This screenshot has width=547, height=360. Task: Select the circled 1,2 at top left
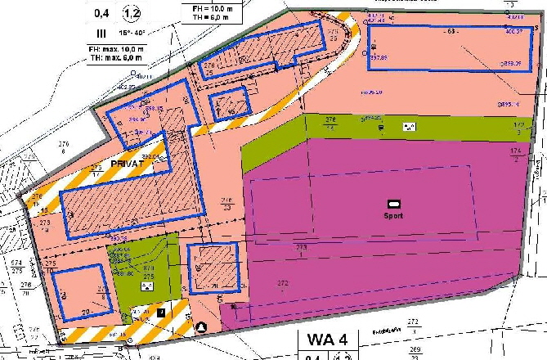coord(132,13)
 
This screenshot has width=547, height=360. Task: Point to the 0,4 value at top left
coord(101,13)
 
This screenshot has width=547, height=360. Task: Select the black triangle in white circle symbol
coord(201,327)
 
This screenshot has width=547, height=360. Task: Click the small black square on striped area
coord(161,312)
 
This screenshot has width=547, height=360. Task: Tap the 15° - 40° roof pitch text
coord(136,34)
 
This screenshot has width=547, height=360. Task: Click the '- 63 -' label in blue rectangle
coord(449,32)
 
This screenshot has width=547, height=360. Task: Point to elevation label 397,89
coord(378,59)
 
